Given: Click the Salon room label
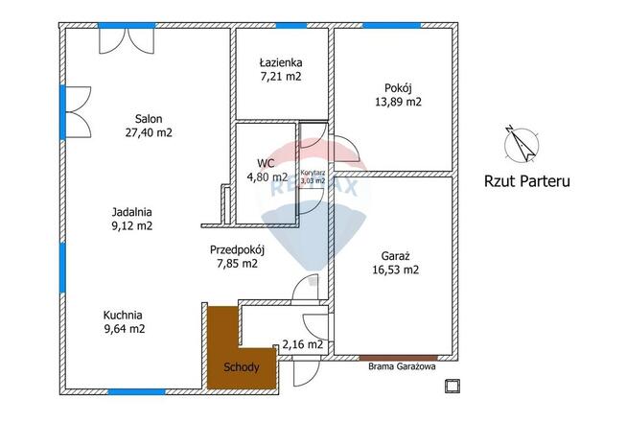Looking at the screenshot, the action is click(149, 119).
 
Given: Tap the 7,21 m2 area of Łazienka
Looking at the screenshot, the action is click(281, 77).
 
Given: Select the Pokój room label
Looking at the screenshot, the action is click(398, 88).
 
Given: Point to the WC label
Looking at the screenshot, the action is click(266, 163).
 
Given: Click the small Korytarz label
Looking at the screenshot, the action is click(313, 173).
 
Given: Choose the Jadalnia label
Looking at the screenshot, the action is click(132, 212).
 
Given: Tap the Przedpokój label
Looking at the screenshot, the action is click(237, 250).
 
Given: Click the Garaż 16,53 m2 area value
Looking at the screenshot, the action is click(396, 270).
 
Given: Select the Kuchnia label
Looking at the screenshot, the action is click(123, 316).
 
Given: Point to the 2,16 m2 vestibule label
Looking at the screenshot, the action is click(302, 344).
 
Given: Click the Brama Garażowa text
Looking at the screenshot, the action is click(402, 366).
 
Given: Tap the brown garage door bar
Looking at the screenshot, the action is click(399, 358).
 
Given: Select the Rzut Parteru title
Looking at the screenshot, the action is click(527, 181).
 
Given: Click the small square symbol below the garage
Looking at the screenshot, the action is click(453, 386).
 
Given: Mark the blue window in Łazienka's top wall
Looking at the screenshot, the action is click(291, 26).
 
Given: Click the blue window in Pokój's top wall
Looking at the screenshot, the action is click(392, 26).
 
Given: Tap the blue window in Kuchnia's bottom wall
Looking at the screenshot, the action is click(136, 391).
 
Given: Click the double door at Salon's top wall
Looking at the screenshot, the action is click(127, 40).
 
